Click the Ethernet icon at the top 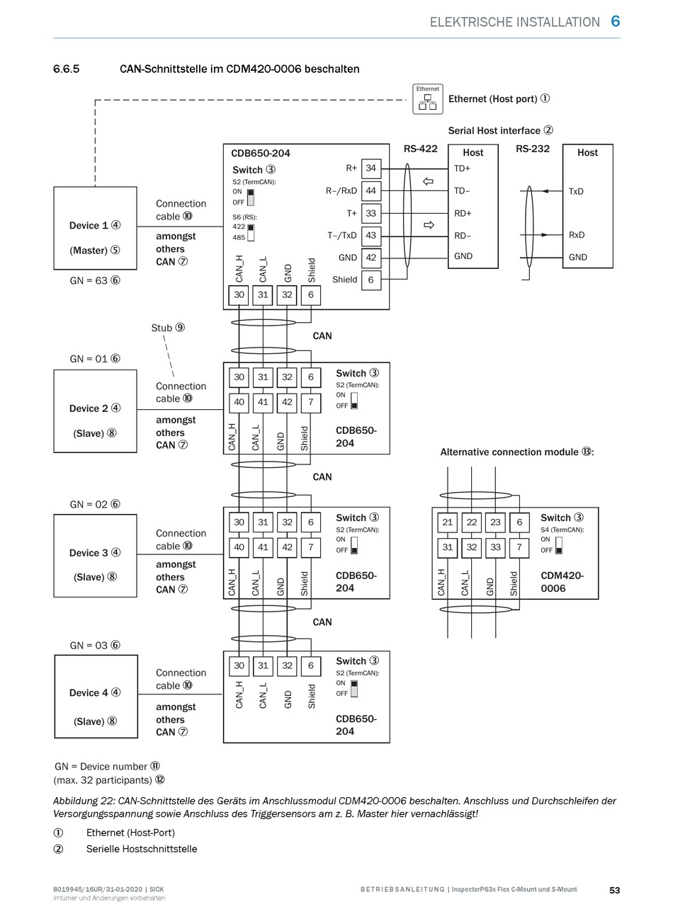click(427, 99)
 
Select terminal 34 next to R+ click(371, 168)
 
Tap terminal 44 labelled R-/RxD click(371, 190)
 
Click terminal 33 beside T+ click(371, 213)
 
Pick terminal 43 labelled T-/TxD click(371, 236)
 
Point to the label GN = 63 click(95, 280)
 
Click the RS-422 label click(420, 149)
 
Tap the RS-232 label click(532, 149)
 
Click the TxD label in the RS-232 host click(576, 192)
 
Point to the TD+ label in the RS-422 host click(462, 168)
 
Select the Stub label click(168, 328)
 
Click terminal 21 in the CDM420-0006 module click(448, 522)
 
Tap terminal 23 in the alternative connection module click(495, 522)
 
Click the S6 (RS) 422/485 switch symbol click(251, 232)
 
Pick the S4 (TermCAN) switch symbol click(559, 545)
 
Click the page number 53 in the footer click(614, 891)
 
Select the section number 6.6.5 click(66, 69)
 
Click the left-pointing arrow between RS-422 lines click(428, 181)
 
